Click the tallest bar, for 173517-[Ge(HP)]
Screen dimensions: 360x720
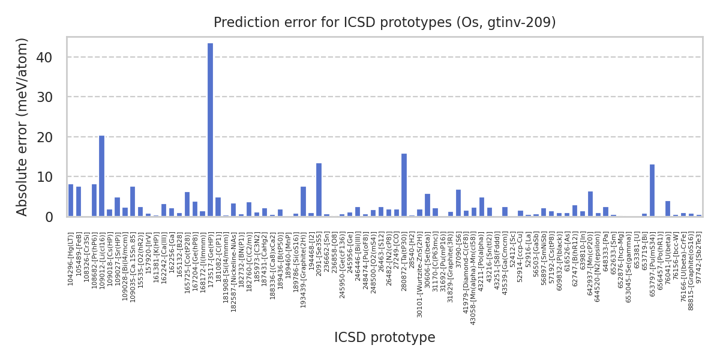click(x=210, y=130)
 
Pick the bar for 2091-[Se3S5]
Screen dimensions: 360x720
click(x=319, y=190)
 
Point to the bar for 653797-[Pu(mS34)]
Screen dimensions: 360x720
click(x=652, y=190)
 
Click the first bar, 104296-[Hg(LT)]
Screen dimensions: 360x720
click(x=71, y=200)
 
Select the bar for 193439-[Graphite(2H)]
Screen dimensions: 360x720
click(x=303, y=202)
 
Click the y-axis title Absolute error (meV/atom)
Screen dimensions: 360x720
click(x=23, y=127)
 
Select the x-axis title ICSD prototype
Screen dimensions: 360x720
click(x=385, y=338)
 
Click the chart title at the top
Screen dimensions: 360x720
click(x=385, y=23)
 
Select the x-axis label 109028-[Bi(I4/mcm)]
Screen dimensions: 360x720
click(x=125, y=256)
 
